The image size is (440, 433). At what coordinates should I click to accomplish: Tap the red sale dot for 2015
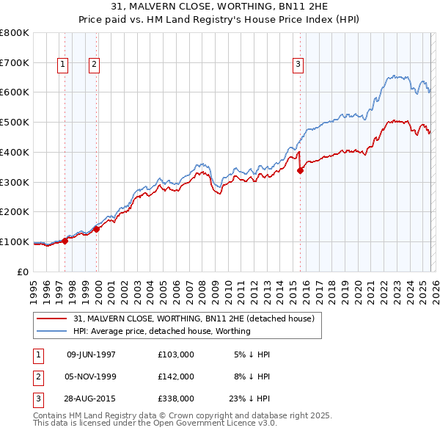(x=300, y=170)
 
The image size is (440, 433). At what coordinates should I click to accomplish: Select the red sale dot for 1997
(x=65, y=240)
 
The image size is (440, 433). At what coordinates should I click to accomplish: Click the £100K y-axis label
(x=15, y=241)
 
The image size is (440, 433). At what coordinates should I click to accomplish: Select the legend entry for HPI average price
(x=161, y=331)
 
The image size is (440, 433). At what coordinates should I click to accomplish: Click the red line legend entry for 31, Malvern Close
(x=194, y=319)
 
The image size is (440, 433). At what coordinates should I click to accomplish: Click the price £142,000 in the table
(x=176, y=376)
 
